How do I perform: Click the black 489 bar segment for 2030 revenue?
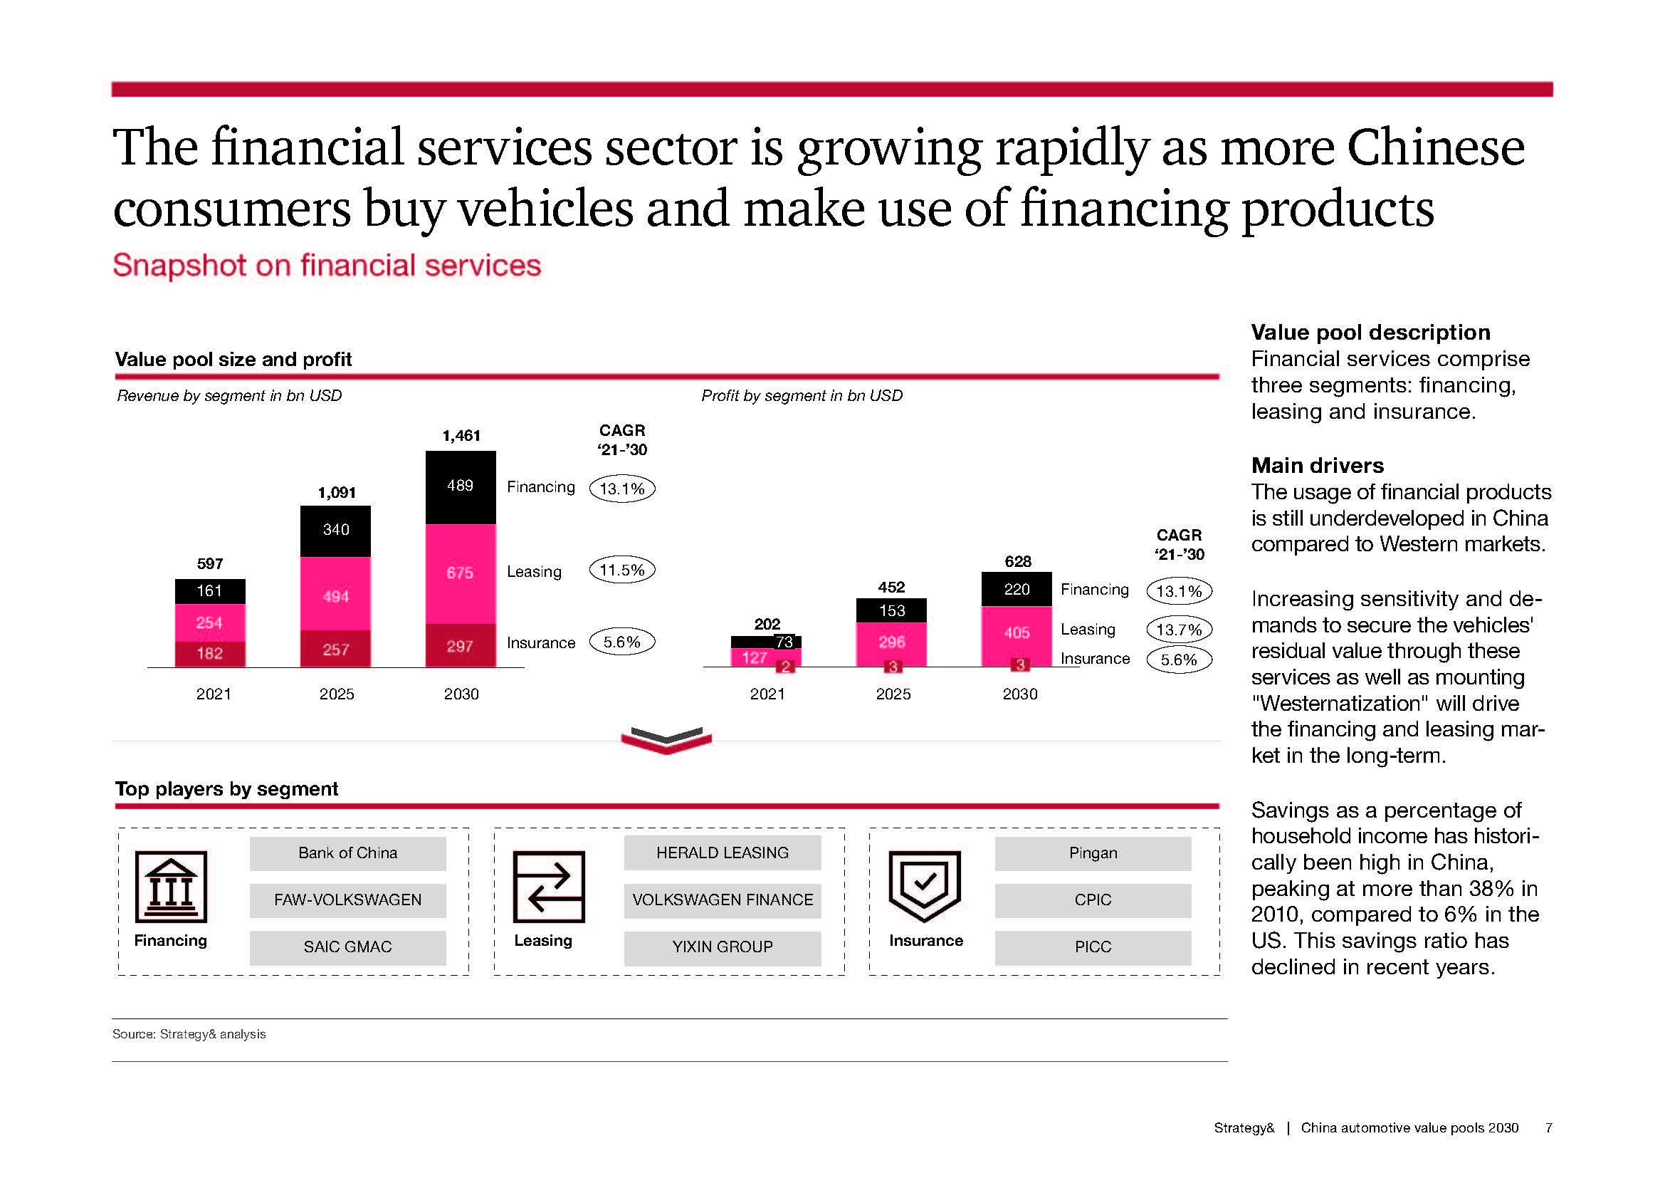pos(461,486)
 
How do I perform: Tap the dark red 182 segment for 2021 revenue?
pos(209,654)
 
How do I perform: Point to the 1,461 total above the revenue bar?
pos(461,435)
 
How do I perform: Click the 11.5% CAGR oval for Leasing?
pos(622,570)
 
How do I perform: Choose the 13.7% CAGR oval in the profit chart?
pos(1178,629)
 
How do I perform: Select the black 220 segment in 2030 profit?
pos(1016,589)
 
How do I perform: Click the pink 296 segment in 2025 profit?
pos(891,642)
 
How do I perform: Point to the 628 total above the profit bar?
pos(1017,561)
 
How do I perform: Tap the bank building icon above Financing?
pos(171,887)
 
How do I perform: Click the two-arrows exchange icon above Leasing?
pos(548,887)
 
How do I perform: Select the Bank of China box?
pos(347,853)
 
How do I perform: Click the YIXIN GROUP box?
pos(723,947)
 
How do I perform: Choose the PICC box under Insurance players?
pos(1093,947)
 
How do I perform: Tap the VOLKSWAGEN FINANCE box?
pos(723,900)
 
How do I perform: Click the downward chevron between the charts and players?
pos(666,740)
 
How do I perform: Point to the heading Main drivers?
pos(1317,465)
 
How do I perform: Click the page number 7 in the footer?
pos(1548,1128)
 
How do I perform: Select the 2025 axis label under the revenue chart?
pos(337,694)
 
